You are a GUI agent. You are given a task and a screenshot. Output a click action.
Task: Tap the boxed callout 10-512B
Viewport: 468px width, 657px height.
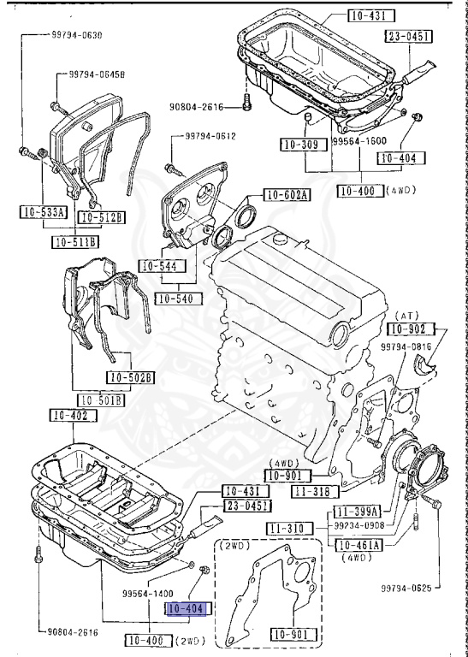click(x=103, y=218)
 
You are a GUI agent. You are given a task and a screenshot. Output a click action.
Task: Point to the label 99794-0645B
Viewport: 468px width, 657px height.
click(x=93, y=75)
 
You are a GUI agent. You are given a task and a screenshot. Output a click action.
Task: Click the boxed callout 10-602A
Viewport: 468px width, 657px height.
click(x=287, y=194)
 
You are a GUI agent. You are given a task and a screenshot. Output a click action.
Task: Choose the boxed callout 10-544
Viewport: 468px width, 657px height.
click(x=160, y=266)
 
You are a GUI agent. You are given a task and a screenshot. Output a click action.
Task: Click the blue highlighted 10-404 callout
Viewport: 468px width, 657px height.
click(x=187, y=609)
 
